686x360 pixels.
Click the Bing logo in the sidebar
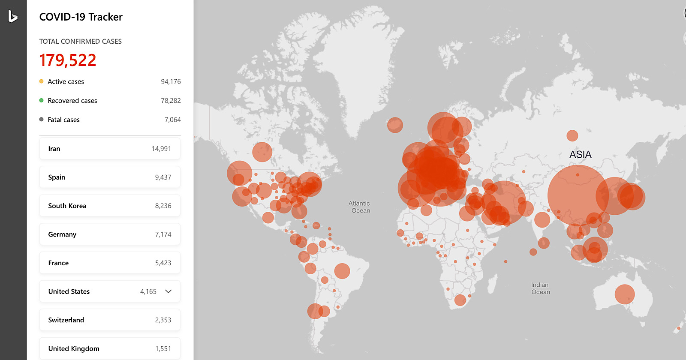coord(13,17)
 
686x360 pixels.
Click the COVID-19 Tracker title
coord(81,17)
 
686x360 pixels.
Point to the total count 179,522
coord(68,60)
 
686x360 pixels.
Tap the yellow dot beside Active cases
coord(41,81)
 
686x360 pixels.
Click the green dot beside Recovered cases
coord(41,100)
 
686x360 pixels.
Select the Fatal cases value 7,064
coord(172,120)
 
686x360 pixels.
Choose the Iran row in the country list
coord(110,149)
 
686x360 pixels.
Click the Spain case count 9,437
coord(163,177)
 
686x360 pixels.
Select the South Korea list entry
coord(110,206)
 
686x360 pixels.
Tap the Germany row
coord(110,234)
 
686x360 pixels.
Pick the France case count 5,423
coord(163,263)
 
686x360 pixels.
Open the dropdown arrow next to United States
coord(168,291)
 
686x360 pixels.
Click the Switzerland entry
coord(110,320)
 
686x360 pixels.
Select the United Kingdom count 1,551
coord(163,349)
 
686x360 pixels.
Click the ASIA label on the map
coord(580,155)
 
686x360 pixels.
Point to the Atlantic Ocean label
coord(359,207)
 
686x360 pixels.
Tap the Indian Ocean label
coord(540,288)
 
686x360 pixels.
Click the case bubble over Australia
coord(624,294)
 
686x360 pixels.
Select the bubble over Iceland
coord(395,125)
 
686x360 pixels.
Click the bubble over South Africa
coord(460,300)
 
